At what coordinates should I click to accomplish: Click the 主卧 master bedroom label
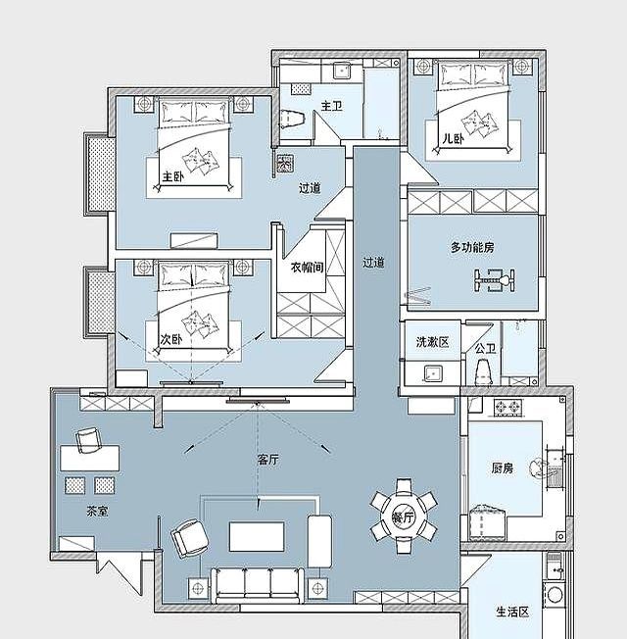173,176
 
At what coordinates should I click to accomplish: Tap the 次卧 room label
171,339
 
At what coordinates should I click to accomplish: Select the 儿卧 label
453,139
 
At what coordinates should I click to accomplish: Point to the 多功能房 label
472,247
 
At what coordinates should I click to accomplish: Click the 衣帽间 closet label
308,267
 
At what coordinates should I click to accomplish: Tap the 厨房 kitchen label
502,467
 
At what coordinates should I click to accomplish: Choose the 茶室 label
98,511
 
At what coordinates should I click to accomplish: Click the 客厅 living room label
268,460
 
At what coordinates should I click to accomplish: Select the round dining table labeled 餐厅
404,516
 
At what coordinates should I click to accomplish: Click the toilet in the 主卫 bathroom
293,119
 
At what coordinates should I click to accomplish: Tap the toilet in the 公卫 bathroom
483,371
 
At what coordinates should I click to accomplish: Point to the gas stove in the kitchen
508,407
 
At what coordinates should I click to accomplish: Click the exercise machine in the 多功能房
495,280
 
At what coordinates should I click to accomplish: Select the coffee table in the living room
257,536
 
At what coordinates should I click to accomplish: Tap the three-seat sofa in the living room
257,586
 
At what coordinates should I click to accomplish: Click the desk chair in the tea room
88,440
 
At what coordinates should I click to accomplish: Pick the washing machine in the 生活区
555,594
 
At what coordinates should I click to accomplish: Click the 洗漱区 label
432,341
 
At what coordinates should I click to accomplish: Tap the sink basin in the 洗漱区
432,373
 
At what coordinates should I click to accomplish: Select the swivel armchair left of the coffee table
189,538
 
